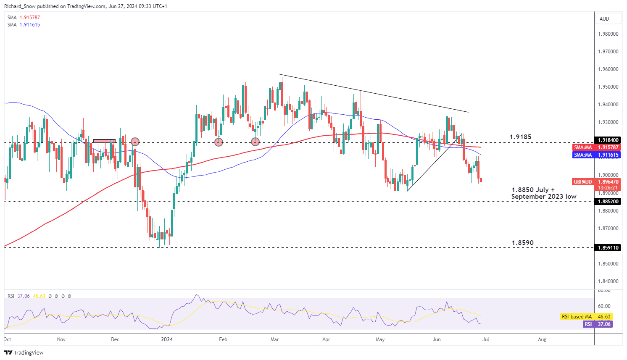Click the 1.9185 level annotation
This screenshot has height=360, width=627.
(x=520, y=137)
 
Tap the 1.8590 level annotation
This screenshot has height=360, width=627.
(x=522, y=243)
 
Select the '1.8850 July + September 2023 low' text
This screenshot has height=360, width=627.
(x=543, y=193)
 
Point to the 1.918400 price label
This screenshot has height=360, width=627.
(x=608, y=140)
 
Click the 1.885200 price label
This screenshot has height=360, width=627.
(x=608, y=202)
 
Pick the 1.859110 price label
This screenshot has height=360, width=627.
(x=608, y=248)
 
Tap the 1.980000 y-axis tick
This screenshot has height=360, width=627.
(x=608, y=34)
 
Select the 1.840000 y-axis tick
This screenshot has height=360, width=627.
(x=608, y=281)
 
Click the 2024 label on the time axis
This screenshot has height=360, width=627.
(x=167, y=339)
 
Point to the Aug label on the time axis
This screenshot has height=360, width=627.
(x=542, y=339)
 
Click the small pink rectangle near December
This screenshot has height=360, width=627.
(x=104, y=141)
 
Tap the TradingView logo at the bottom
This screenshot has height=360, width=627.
(x=24, y=352)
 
